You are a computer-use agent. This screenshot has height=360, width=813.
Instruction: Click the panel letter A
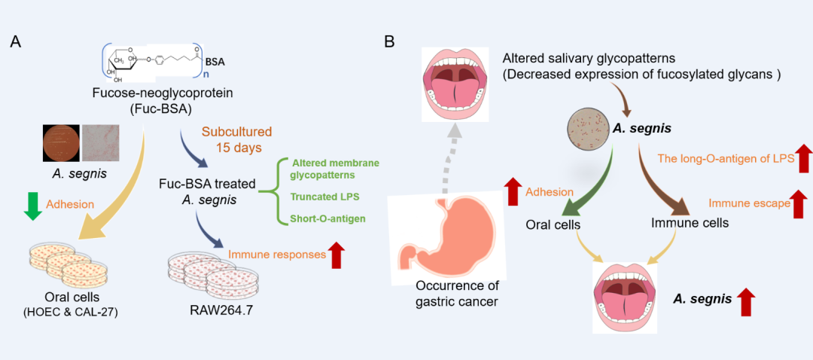(15, 42)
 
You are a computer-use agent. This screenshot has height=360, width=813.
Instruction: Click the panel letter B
(390, 42)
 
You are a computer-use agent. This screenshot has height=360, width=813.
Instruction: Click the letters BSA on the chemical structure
(216, 61)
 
